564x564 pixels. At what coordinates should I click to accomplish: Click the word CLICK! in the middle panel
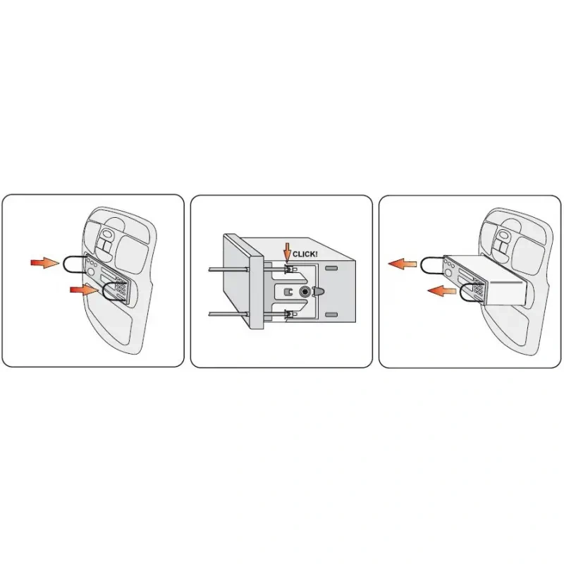point(305,254)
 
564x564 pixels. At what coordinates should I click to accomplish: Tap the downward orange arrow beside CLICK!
point(287,252)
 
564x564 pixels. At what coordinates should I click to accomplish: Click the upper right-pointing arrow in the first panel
point(45,262)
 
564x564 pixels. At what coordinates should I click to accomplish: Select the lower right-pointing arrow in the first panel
point(84,290)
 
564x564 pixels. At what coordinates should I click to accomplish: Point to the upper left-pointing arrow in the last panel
point(402,264)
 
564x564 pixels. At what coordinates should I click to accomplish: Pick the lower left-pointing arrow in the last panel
point(442,290)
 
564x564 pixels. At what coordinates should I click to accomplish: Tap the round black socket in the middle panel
point(305,291)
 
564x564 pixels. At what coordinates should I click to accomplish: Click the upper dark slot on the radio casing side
point(331,268)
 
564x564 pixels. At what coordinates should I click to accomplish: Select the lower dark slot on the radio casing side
point(331,314)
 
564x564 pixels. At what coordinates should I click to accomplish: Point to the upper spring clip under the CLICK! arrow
point(289,269)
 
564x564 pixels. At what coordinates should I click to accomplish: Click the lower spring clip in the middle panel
point(289,314)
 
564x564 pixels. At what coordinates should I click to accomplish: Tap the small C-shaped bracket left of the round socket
point(288,292)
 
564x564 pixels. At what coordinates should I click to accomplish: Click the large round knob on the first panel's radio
point(92,271)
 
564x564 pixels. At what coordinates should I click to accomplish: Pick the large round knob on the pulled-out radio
point(448,273)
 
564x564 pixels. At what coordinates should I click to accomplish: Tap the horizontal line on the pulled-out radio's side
point(506,283)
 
